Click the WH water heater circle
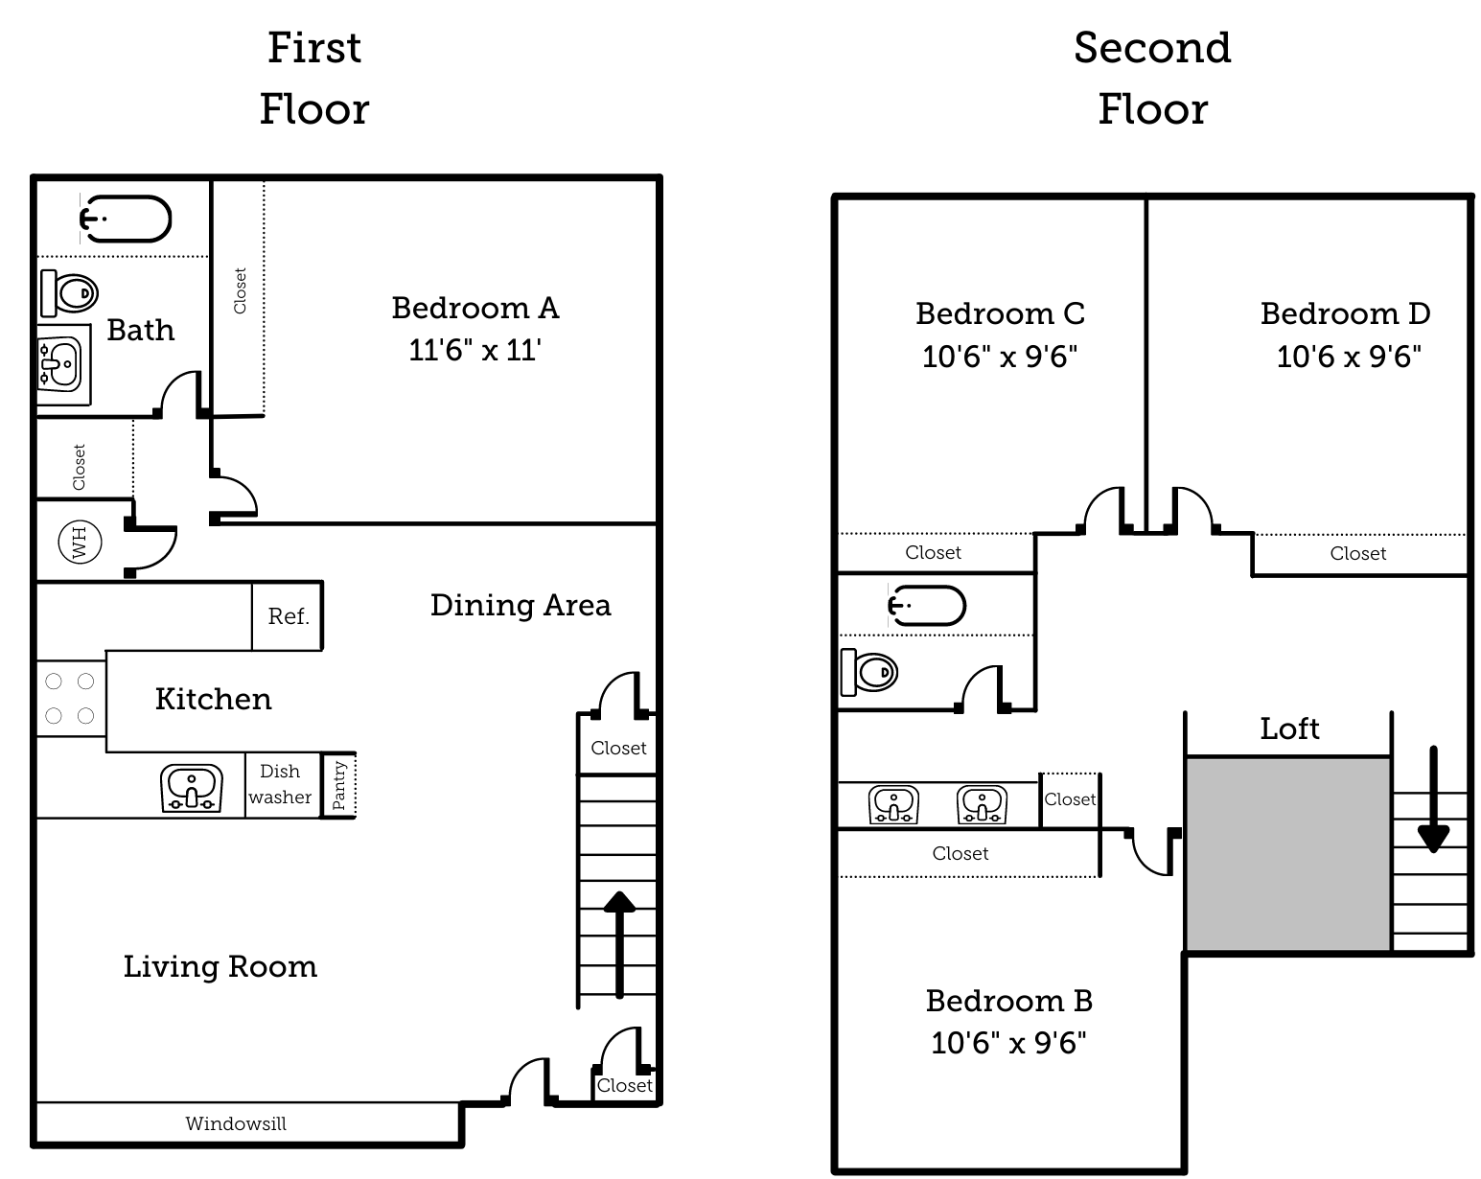pos(80,543)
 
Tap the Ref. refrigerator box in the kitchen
pos(288,616)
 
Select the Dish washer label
pos(280,784)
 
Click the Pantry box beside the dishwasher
pos(339,785)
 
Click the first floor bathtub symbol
pos(126,219)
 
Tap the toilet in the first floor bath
pos(70,291)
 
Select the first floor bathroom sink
pos(60,363)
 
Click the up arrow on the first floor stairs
pos(619,943)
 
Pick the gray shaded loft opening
pos(1287,853)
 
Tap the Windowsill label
pos(236,1123)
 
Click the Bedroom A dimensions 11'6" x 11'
pos(474,350)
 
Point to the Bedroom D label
pos(1345,313)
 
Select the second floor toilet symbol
pos(868,672)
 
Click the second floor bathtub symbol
pos(926,605)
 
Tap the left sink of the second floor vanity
pos(893,804)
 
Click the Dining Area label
pos(520,605)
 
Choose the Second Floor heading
pos(1152,78)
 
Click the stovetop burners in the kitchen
pos(70,698)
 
